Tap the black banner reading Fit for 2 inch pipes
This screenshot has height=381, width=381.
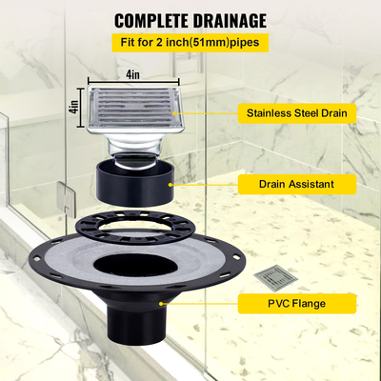(x=190, y=43)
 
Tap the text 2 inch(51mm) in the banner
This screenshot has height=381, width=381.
(x=191, y=43)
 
